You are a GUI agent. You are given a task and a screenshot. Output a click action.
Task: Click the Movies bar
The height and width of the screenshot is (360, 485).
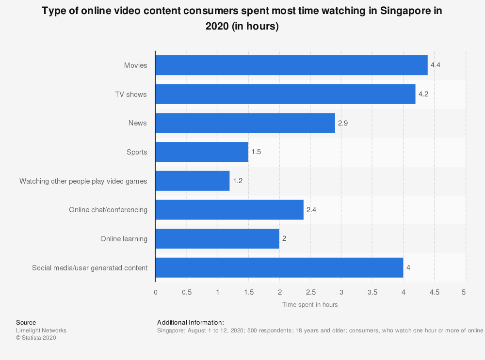pyautogui.click(x=291, y=65)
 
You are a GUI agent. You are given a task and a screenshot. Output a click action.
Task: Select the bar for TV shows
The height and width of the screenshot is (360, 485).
pyautogui.click(x=285, y=94)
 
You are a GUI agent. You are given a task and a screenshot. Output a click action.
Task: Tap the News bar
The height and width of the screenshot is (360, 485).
pyautogui.click(x=245, y=123)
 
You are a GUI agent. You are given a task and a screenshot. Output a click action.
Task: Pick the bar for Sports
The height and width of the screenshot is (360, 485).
pyautogui.click(x=202, y=152)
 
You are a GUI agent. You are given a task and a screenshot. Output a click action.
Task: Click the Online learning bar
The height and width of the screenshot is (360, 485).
pyautogui.click(x=217, y=239)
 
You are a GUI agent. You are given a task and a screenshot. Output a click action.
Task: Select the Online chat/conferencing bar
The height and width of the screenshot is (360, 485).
pyautogui.click(x=229, y=210)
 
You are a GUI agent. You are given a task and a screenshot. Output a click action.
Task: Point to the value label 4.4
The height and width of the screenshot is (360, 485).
pyautogui.click(x=436, y=65)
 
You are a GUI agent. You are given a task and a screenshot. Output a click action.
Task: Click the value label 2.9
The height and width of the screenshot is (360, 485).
pyautogui.click(x=343, y=123)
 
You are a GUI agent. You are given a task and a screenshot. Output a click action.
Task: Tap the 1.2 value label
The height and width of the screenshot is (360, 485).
pyautogui.click(x=238, y=181)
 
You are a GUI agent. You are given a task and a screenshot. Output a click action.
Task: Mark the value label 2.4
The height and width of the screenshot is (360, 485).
pyautogui.click(x=311, y=210)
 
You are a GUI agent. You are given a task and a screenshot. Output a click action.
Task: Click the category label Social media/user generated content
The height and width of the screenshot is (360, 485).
pyautogui.click(x=90, y=268)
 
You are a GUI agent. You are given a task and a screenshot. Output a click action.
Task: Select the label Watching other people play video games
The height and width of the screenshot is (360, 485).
pyautogui.click(x=83, y=181)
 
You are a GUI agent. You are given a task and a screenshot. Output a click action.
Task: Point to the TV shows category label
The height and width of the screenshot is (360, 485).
pyautogui.click(x=130, y=94)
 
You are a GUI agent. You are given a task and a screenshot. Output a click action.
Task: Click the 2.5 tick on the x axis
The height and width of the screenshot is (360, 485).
pyautogui.click(x=310, y=292)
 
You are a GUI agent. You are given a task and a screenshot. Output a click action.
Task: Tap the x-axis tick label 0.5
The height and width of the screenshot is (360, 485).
pyautogui.click(x=186, y=292)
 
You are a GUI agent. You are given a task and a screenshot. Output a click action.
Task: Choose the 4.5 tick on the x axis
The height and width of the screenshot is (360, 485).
pyautogui.click(x=435, y=292)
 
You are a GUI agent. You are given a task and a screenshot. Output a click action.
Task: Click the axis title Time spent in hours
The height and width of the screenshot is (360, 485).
pyautogui.click(x=310, y=304)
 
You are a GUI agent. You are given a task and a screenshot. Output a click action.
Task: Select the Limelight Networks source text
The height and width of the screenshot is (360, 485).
pyautogui.click(x=41, y=330)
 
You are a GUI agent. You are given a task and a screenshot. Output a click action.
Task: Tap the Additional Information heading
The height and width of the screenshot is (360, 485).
pyautogui.click(x=191, y=322)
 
